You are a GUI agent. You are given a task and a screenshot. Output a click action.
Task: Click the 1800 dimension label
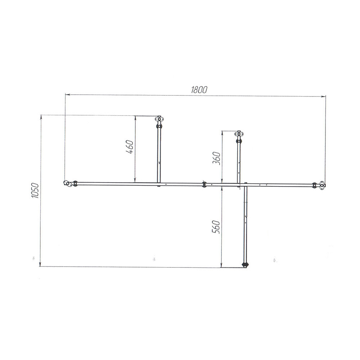point(199,90)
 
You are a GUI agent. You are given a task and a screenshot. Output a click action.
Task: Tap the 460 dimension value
point(130,147)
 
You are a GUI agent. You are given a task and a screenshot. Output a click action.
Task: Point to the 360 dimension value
point(216,158)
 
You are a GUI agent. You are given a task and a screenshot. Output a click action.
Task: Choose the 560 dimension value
point(216,227)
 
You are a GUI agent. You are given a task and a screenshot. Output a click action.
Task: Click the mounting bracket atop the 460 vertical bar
point(159,119)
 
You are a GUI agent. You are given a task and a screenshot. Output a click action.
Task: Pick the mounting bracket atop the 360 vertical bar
point(239,134)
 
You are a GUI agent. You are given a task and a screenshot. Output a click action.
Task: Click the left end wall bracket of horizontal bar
point(67,183)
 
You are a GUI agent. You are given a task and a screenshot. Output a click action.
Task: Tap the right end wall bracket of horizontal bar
point(323,185)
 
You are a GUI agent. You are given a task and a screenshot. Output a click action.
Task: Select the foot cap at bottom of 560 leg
point(245,265)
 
